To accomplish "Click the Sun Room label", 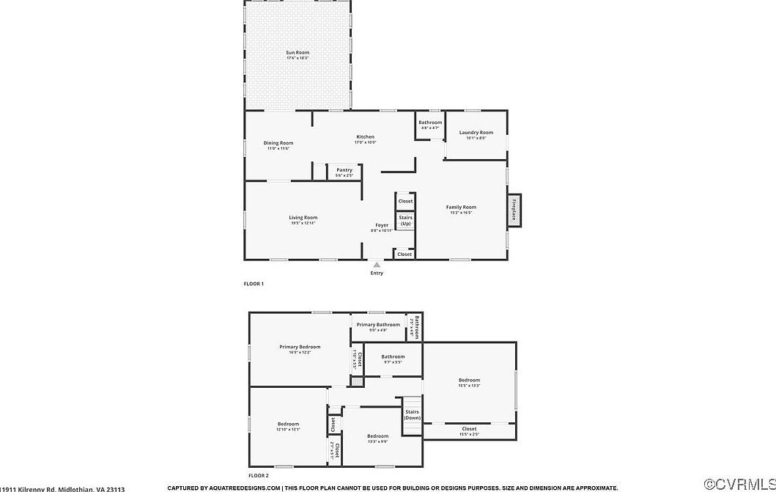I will click(297, 53).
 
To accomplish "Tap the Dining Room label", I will click(278, 143).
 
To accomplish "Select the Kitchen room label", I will click(365, 137).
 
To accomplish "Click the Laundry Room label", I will click(476, 133).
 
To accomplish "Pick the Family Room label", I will click(461, 208).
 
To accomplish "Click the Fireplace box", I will click(515, 210).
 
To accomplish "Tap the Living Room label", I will click(303, 218).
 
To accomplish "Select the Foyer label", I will click(382, 225).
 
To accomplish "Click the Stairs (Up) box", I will click(405, 220).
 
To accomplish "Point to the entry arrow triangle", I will click(377, 265).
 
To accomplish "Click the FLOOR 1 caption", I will click(254, 284).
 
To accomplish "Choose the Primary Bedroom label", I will click(300, 347).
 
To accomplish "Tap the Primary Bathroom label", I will click(378, 325).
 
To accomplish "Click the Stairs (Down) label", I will click(413, 414).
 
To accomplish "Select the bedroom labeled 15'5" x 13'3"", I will click(469, 380).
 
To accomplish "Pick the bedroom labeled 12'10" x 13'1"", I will click(288, 425).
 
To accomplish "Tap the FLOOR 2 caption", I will click(259, 476).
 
